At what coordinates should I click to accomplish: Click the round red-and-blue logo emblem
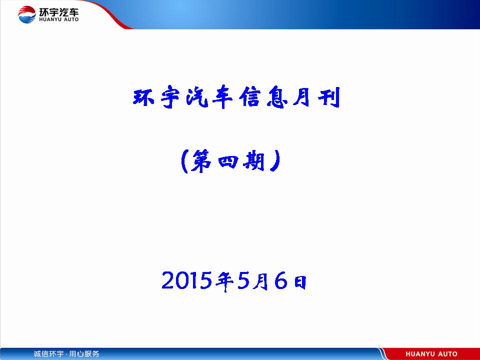click(27, 14)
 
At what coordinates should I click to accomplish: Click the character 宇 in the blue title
click(170, 97)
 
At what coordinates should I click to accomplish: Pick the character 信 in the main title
click(249, 97)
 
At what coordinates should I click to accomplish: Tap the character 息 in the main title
click(276, 97)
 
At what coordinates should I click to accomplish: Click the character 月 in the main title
click(303, 97)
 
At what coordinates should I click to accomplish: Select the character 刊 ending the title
click(329, 97)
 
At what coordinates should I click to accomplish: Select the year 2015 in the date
click(186, 280)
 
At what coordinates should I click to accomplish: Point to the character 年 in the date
click(224, 281)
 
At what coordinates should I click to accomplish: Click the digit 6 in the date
click(280, 280)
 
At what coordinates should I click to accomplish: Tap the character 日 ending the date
click(300, 282)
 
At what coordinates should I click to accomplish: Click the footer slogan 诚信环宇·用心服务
click(66, 354)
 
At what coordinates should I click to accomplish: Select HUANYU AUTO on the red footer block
click(431, 354)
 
